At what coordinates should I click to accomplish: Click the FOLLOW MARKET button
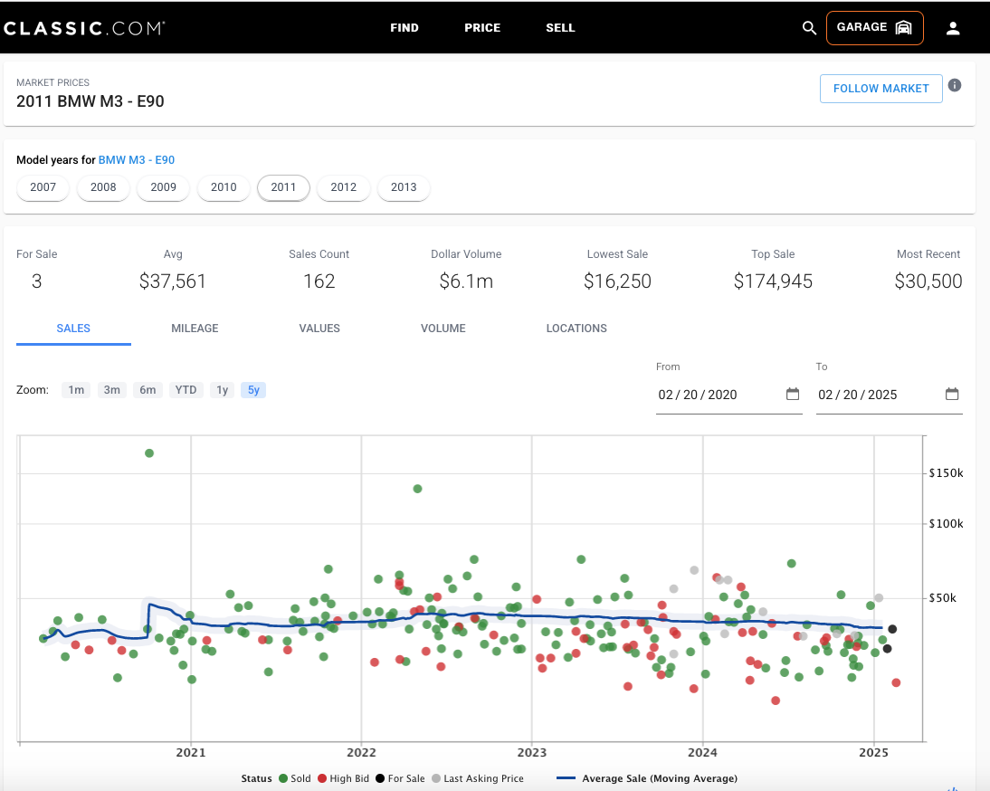pos(881,89)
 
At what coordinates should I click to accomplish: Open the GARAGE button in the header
pos(874,28)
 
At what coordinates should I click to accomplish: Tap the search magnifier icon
pos(809,28)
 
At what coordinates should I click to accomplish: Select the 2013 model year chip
pos(404,187)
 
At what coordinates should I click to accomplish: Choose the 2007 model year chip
pos(43,187)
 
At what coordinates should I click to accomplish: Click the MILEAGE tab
pos(195,329)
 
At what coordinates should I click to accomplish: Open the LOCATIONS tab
pos(576,329)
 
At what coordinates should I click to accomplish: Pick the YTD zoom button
pos(186,390)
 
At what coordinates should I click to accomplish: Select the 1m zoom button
pos(76,390)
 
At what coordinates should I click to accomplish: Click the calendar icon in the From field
pos(793,394)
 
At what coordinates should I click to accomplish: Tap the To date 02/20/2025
pos(857,395)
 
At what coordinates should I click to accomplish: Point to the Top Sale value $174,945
pos(773,281)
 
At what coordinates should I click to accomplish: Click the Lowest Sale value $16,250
pos(617,281)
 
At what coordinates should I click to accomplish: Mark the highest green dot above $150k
pos(149,453)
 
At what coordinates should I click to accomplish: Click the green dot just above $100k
pos(417,489)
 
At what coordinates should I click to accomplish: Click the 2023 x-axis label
pos(531,752)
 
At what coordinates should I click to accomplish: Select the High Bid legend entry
pos(344,778)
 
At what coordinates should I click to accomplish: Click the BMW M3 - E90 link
pos(137,159)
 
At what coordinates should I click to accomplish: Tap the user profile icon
pos(953,28)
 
